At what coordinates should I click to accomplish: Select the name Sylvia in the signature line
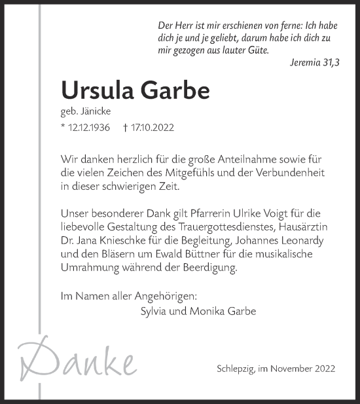[155, 311]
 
